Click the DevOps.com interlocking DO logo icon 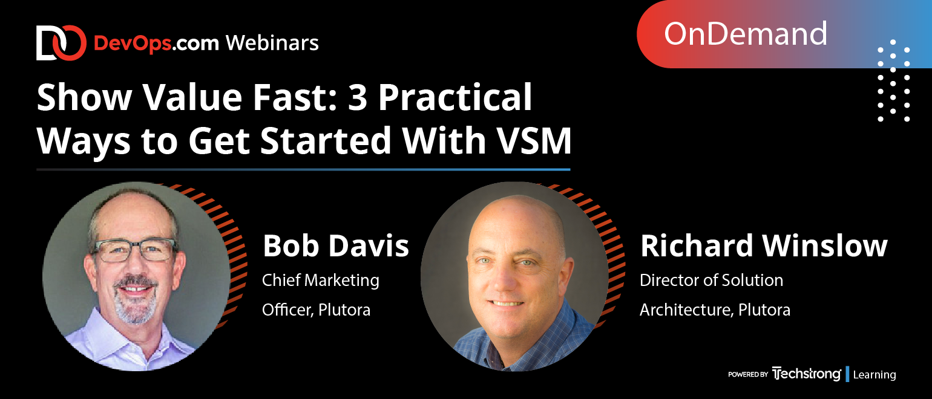point(61,43)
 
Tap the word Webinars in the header point(272,43)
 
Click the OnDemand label point(745,34)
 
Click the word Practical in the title point(455,97)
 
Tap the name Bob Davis point(336,245)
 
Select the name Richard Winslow point(764,245)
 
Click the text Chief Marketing point(320,281)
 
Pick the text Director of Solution point(712,280)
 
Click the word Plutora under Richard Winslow point(764,310)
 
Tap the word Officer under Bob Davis point(288,310)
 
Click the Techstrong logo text point(806,374)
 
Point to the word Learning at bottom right point(875,374)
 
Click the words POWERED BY point(748,374)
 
